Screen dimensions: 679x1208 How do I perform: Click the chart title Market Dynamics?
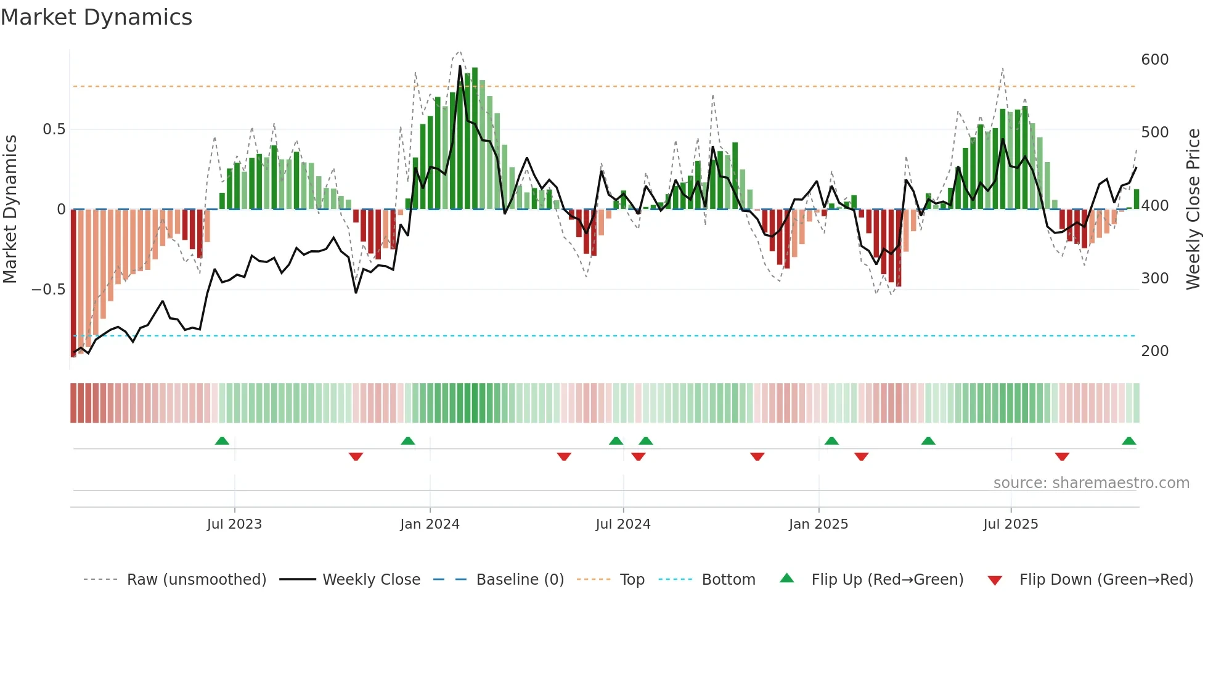tap(97, 17)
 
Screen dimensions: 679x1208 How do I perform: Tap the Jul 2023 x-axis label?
tap(234, 524)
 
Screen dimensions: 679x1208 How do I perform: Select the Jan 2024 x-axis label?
tap(430, 524)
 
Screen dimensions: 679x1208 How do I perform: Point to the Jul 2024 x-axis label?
tap(623, 524)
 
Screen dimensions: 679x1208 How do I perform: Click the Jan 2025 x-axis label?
tap(818, 524)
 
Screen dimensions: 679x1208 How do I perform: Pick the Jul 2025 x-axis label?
tap(1011, 524)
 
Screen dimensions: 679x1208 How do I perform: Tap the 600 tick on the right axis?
tap(1154, 60)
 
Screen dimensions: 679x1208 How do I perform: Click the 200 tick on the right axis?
tap(1154, 351)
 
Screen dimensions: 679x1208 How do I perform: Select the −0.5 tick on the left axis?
tap(48, 290)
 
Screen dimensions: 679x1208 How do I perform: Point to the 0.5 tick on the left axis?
tap(54, 129)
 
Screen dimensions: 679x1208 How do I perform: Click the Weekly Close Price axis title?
tap(1194, 209)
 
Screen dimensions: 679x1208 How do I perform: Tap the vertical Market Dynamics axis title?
tap(10, 209)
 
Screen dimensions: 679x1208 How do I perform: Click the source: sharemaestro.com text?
tap(1091, 483)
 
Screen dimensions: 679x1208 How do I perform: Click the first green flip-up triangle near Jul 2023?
tap(222, 441)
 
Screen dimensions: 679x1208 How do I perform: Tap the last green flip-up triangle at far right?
tap(1128, 441)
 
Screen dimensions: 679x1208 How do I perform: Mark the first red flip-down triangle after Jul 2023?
tap(356, 457)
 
